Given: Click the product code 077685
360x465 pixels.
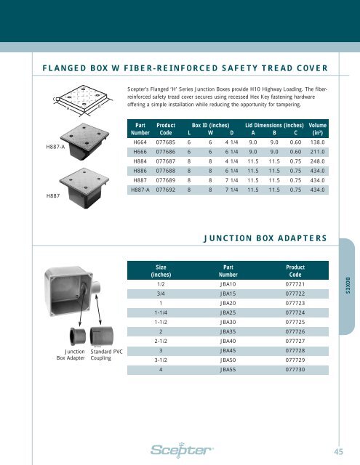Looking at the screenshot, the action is [165, 143].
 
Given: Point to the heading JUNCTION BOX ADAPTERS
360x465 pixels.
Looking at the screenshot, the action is [264, 237].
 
